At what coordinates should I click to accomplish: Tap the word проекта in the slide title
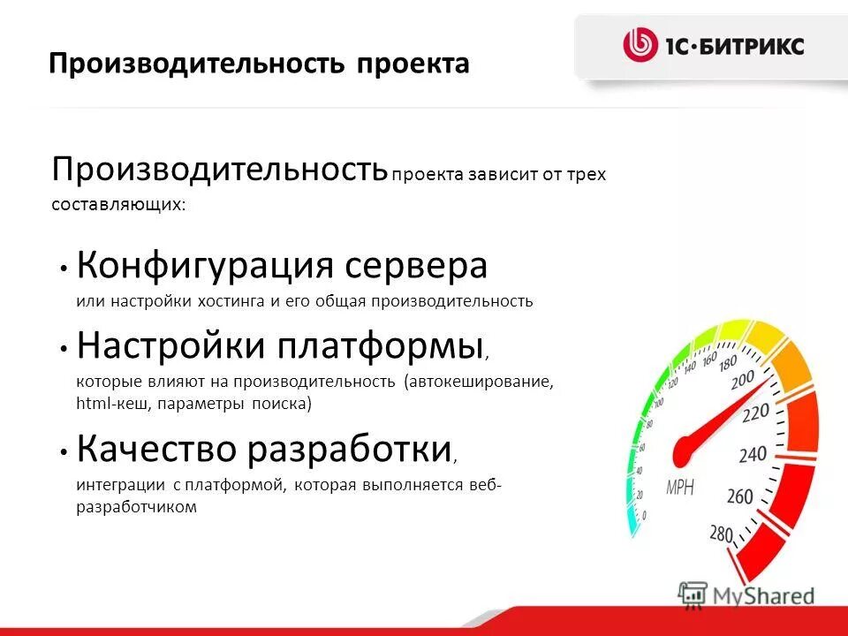(x=413, y=64)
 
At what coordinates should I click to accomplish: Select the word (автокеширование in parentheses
(x=478, y=382)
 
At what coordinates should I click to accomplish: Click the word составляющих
(x=117, y=204)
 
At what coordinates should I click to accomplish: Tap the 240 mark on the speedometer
(x=753, y=455)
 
